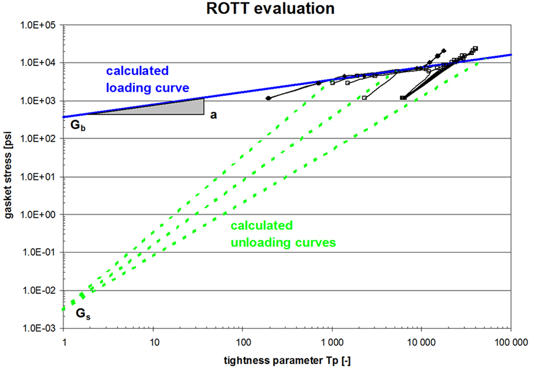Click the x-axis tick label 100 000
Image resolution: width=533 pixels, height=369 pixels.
point(510,343)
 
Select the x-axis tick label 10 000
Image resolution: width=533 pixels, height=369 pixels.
point(421,343)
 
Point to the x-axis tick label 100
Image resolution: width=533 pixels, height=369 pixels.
point(243,343)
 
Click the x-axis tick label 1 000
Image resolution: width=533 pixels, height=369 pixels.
point(332,343)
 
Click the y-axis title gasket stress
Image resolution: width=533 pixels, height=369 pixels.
point(10,177)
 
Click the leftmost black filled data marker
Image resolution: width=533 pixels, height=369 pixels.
point(268,98)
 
